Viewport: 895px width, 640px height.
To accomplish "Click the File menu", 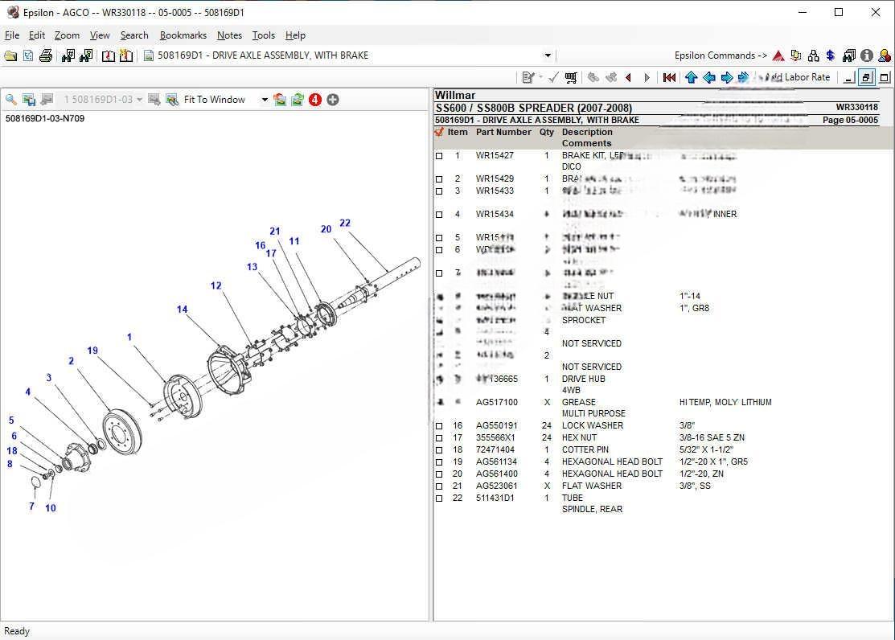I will (x=12, y=35).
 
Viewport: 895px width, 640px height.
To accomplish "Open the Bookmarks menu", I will (x=183, y=35).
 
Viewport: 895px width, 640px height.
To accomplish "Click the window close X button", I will (x=876, y=12).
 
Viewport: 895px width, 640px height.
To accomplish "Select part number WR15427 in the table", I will (x=495, y=156).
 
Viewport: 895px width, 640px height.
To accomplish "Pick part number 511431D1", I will (x=495, y=498).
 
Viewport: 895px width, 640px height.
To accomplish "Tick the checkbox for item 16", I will (x=439, y=426).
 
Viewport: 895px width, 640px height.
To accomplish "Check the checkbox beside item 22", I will (x=439, y=498).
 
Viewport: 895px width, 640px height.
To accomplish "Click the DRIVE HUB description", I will (x=584, y=379).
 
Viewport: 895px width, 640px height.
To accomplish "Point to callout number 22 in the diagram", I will (x=345, y=224).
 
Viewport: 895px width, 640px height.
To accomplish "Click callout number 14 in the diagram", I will (x=183, y=310).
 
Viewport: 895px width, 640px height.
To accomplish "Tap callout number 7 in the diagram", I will (x=32, y=507).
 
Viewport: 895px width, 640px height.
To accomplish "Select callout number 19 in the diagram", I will (x=92, y=351).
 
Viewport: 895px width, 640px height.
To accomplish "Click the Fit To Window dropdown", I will (x=225, y=100).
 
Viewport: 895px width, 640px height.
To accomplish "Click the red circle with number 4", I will (x=315, y=100).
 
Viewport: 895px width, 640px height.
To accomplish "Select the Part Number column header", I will (x=503, y=133).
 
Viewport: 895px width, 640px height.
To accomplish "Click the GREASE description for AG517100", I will (x=579, y=402).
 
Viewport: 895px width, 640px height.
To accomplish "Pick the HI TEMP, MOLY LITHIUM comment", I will (x=725, y=402).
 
